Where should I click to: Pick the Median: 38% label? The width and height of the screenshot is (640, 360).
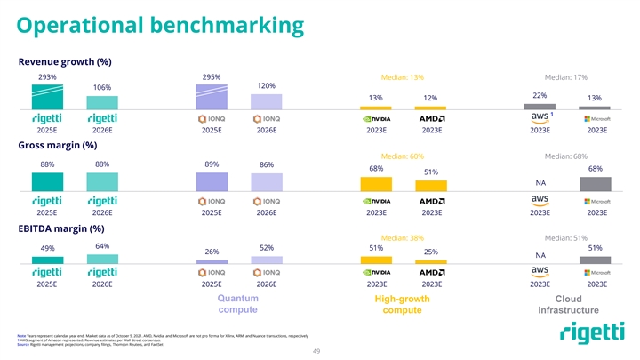tap(401, 238)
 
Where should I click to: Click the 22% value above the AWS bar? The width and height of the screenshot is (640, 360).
tap(540, 95)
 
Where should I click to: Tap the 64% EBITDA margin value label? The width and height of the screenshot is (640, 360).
tap(101, 245)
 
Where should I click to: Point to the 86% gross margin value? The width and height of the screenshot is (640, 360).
tap(266, 165)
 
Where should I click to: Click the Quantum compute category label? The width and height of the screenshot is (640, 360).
tap(238, 304)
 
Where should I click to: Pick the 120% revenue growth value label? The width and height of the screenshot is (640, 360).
tap(266, 85)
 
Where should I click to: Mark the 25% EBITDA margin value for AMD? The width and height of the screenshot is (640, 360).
tap(430, 252)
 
